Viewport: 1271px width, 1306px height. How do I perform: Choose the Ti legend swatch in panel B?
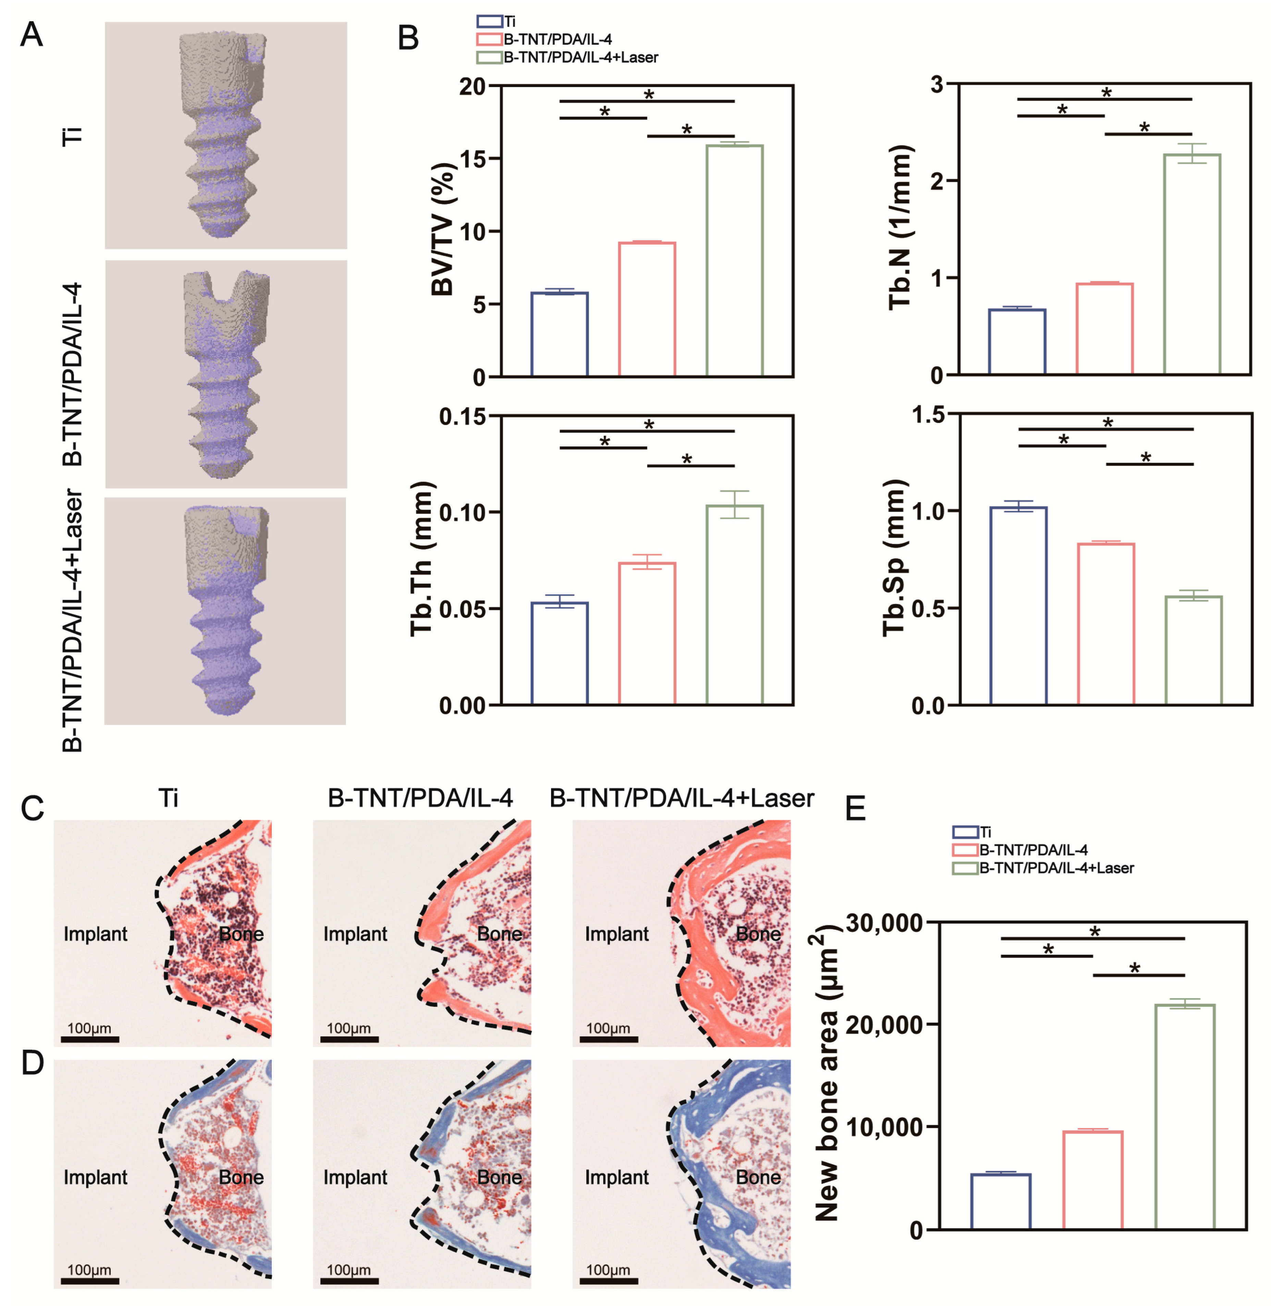(x=489, y=21)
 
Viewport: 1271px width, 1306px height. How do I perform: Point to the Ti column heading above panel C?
(x=168, y=798)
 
